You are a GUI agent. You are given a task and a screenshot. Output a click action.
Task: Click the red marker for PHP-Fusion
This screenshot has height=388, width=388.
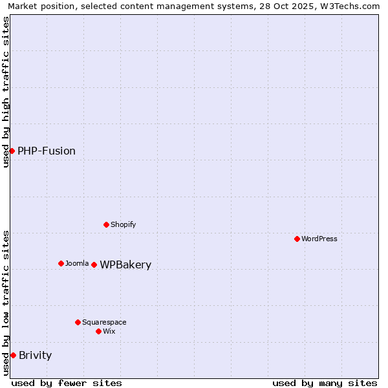12,151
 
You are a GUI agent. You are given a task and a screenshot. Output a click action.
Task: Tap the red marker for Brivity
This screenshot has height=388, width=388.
13,355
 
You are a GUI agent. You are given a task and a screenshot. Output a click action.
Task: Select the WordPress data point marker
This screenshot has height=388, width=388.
297,239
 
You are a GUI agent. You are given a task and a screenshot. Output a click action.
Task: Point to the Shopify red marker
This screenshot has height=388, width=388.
106,224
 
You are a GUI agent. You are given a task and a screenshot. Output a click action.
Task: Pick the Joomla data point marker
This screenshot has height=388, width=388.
61,263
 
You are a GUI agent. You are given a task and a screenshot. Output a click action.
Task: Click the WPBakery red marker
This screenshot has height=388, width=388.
94,264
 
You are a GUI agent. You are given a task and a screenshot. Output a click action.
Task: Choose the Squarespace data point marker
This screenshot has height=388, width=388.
78,322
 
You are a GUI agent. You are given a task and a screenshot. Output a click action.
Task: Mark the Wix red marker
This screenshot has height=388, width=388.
98,331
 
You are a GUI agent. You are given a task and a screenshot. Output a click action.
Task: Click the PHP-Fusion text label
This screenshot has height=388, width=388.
47,151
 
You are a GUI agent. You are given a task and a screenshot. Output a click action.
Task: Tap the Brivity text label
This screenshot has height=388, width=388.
36,355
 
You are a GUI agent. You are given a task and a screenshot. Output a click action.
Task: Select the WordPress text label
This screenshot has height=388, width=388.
319,239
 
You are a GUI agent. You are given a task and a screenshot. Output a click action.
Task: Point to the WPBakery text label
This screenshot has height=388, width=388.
125,264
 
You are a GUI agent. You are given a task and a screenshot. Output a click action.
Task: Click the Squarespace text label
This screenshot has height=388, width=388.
104,322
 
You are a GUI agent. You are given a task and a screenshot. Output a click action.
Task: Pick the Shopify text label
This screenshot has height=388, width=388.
123,224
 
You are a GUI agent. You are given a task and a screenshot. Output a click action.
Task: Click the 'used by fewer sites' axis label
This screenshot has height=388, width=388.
67,383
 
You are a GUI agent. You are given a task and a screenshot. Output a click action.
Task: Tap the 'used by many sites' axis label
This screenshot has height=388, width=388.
325,383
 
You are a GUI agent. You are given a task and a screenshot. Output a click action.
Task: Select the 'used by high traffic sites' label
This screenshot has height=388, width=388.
6,92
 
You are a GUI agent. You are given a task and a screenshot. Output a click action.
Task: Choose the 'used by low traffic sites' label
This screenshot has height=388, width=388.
6,303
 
